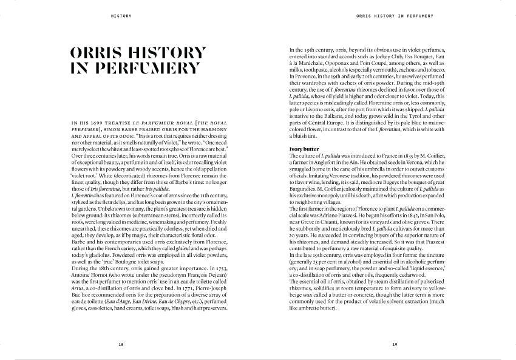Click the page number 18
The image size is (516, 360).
121,344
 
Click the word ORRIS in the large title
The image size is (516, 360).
102,53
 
